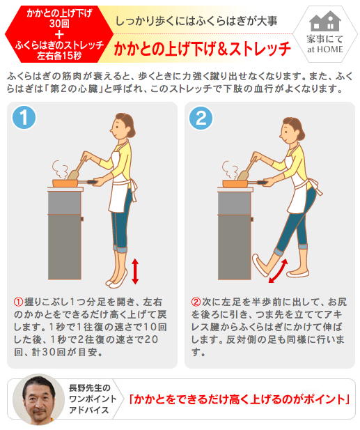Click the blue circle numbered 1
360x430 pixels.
point(24,117)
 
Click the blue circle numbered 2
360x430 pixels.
point(201,118)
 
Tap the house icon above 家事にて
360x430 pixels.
point(325,21)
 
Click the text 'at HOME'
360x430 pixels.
point(325,49)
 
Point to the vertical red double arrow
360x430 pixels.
point(135,272)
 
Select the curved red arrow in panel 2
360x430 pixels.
point(278,271)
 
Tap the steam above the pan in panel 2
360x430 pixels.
point(230,170)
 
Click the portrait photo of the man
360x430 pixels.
point(38,399)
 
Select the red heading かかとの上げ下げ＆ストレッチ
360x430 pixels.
point(203,49)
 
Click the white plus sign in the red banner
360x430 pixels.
point(59,34)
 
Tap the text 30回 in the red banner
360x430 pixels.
point(59,24)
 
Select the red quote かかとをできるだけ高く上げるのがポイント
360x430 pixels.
point(240,399)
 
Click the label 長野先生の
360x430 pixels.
point(90,387)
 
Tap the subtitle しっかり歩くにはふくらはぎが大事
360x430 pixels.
point(197,21)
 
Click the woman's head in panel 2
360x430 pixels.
point(293,131)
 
